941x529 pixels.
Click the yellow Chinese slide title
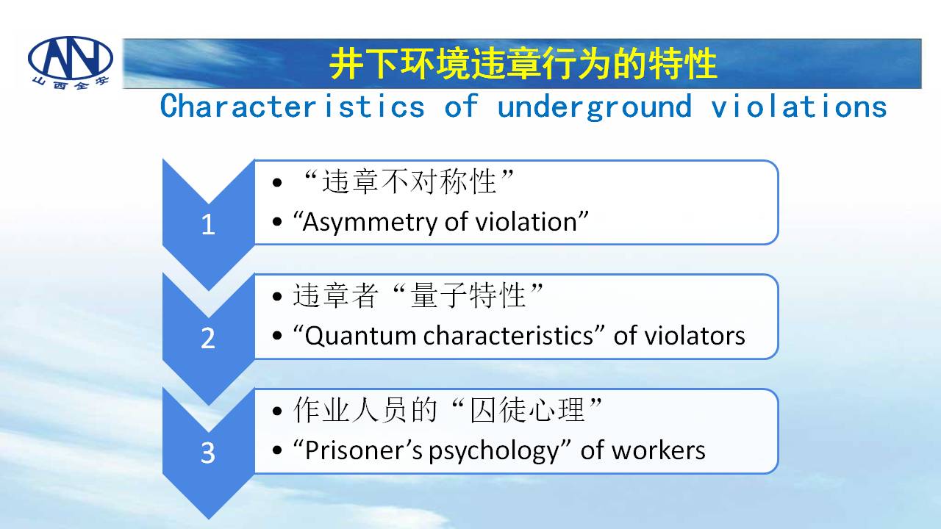(523, 64)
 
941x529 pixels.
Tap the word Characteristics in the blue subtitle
(293, 107)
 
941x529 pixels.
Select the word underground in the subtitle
(595, 107)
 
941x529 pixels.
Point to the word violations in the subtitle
(798, 107)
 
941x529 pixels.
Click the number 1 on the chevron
(208, 225)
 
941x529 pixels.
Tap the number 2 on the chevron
(208, 339)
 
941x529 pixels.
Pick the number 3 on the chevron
(208, 453)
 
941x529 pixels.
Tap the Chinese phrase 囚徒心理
(527, 410)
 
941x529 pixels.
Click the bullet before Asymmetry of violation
(277, 222)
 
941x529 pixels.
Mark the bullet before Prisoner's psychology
(277, 450)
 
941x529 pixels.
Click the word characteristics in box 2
(508, 336)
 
